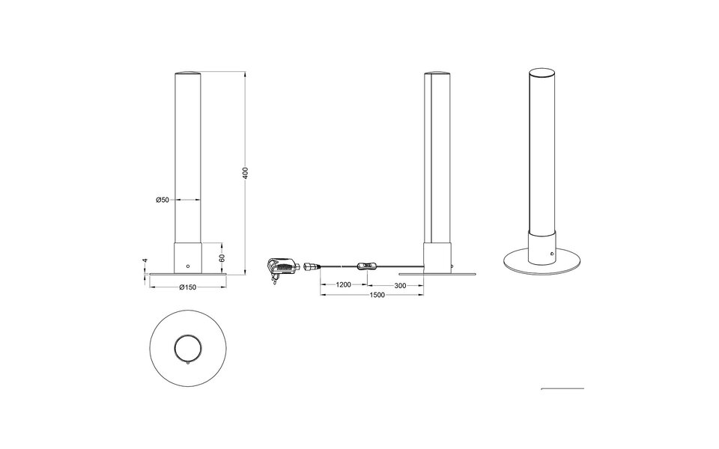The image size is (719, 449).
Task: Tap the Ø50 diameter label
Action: tap(163, 200)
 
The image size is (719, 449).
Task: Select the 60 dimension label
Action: tap(222, 258)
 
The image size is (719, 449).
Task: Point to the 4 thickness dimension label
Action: tap(145, 260)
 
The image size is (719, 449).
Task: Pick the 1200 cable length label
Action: tap(344, 285)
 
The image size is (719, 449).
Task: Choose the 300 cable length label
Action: tap(400, 285)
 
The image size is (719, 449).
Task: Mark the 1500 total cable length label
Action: tap(377, 295)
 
